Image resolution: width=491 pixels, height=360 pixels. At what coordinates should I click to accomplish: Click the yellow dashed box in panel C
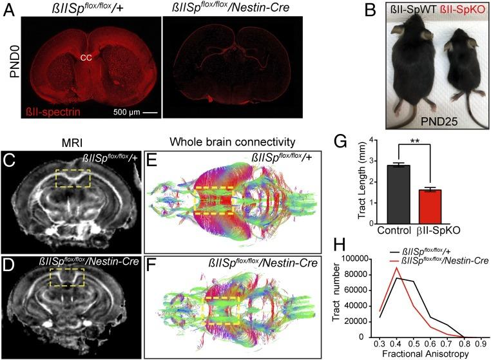(x=72, y=178)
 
